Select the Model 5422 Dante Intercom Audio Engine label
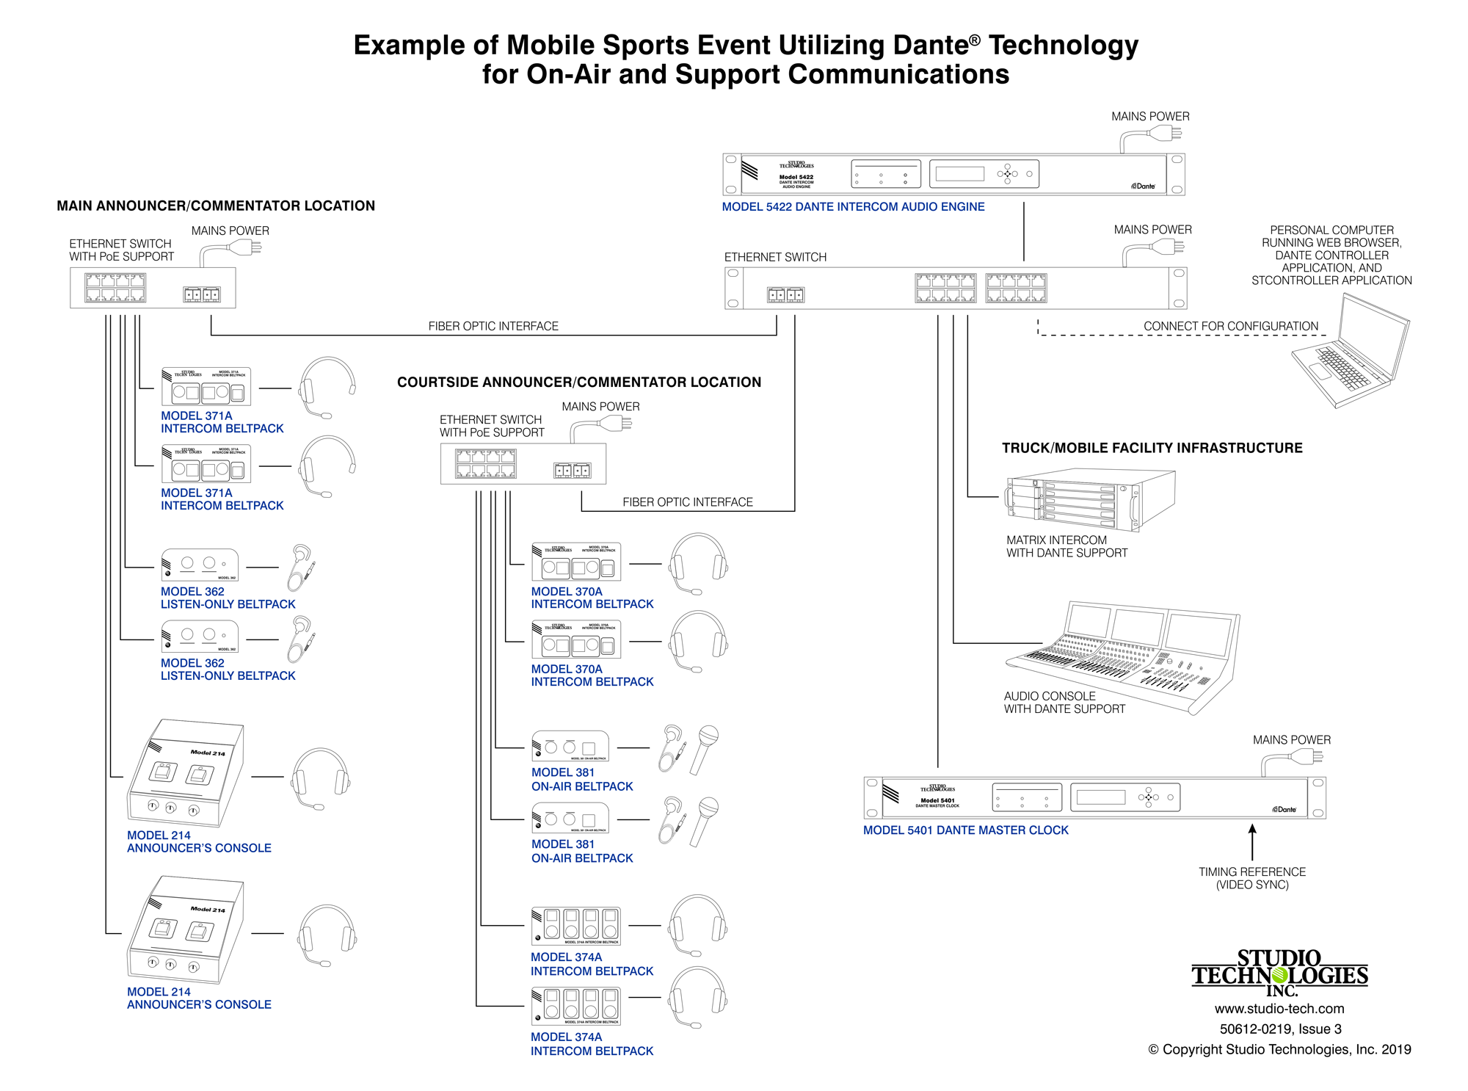(853, 207)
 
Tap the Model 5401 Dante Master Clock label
(965, 830)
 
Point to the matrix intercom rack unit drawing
(1090, 499)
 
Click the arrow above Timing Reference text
(1252, 841)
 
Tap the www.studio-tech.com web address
(1279, 1009)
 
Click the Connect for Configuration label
(1230, 326)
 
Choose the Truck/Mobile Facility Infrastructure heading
(1152, 448)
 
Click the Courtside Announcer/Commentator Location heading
(579, 383)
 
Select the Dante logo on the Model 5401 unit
(1284, 809)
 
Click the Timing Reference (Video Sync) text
(1252, 878)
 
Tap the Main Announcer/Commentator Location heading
(216, 206)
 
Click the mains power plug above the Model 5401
(1307, 756)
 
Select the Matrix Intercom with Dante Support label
(1067, 546)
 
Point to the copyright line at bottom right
(1279, 1050)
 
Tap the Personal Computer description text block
(1331, 255)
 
